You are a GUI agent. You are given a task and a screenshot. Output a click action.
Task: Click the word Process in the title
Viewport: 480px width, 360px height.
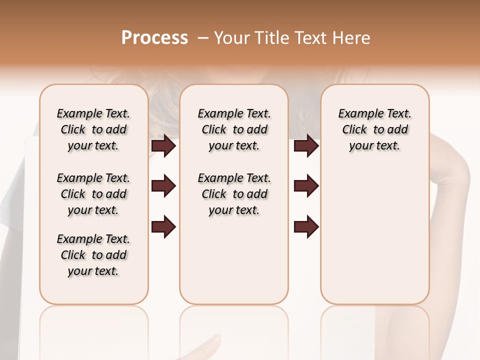154,38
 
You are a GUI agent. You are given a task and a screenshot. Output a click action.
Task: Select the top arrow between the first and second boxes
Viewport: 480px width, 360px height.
163,146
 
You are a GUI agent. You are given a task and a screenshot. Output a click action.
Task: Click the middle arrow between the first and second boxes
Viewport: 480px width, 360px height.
163,186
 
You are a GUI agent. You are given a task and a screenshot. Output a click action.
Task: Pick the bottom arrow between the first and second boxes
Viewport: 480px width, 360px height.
163,226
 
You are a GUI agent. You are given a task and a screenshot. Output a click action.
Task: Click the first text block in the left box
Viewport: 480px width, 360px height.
93,129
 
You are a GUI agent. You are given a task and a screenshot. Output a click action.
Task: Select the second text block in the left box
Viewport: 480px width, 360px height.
93,194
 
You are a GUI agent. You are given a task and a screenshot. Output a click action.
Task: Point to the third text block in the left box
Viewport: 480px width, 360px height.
93,255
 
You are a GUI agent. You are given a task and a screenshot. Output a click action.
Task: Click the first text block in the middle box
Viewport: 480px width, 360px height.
234,129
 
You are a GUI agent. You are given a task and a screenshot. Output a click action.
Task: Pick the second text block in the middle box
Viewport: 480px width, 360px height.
234,194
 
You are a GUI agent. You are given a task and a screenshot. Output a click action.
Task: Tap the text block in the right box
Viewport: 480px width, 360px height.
374,129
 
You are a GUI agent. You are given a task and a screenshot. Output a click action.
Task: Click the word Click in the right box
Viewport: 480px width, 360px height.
354,130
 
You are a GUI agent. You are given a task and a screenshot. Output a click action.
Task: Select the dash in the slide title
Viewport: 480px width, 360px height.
202,38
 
